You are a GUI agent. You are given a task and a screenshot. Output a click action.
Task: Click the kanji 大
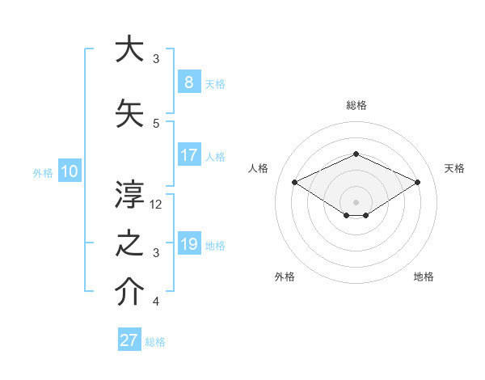(130, 49)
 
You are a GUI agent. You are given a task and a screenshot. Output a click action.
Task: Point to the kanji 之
(130, 243)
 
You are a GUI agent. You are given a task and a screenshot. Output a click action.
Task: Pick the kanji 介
(130, 293)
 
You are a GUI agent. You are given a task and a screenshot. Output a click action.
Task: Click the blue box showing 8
(188, 82)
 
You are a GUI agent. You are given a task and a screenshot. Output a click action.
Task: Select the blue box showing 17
(188, 155)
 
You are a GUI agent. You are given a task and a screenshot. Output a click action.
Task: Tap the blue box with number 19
(188, 244)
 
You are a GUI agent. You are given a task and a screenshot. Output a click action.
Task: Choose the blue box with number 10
(69, 171)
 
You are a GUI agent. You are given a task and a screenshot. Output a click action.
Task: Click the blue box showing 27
(129, 340)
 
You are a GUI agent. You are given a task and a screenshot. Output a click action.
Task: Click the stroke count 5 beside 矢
(156, 124)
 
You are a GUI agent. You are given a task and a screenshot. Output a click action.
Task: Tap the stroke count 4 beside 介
(156, 302)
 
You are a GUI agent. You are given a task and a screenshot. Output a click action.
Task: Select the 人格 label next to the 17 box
(215, 156)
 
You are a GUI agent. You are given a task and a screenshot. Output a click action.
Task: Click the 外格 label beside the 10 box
(43, 172)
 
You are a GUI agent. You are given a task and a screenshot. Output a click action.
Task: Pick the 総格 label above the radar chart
(356, 105)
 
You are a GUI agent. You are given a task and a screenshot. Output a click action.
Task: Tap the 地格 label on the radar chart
(424, 277)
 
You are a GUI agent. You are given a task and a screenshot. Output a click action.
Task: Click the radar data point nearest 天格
(418, 182)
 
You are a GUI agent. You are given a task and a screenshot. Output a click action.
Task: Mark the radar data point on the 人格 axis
(294, 182)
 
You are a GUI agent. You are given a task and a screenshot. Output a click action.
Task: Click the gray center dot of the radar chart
(356, 201)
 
